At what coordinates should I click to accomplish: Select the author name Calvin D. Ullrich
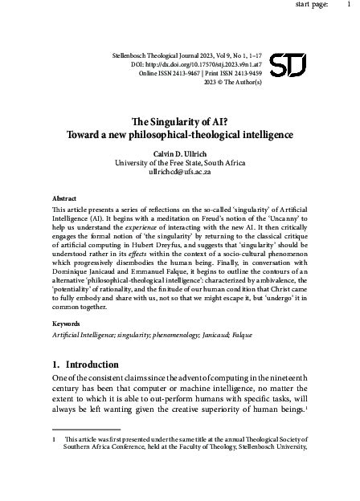click(179, 153)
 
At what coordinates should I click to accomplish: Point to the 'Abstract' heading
click(64, 195)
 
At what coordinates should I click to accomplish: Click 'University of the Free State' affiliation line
click(179, 162)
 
